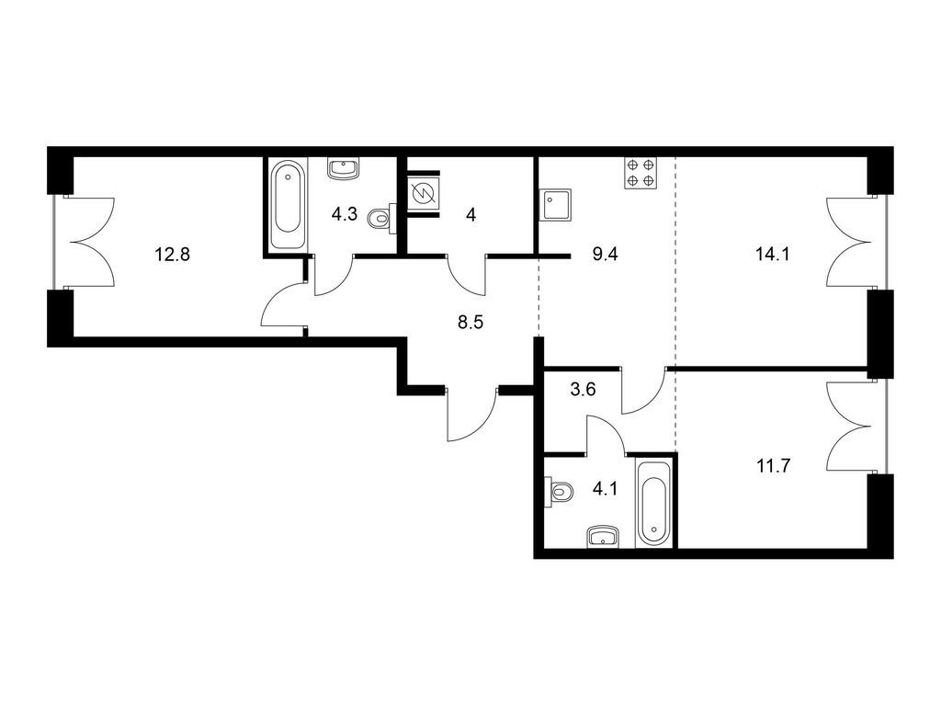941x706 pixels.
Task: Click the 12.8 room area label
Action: pos(172,255)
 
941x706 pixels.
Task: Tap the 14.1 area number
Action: pos(772,255)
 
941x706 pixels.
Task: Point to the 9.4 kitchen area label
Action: pos(605,255)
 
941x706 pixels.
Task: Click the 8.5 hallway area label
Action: pos(470,323)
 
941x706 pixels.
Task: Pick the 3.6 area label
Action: pos(583,390)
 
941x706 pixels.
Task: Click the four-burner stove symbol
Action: pos(641,173)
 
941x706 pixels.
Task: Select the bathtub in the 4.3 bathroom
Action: pos(287,205)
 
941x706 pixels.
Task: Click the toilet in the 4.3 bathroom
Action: pos(380,218)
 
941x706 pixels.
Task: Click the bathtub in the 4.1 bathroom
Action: pos(654,503)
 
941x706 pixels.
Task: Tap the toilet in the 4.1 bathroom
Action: pos(560,493)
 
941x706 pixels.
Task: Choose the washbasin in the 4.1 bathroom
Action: pos(603,536)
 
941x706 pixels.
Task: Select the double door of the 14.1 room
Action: pos(848,242)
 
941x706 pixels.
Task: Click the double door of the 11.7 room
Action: pos(848,427)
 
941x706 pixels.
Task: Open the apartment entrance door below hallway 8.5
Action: pos(471,415)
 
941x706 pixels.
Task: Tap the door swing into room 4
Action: pos(467,276)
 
